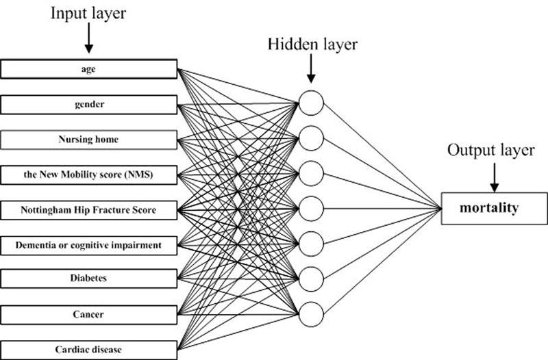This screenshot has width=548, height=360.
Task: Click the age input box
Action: point(88,69)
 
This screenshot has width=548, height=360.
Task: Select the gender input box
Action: point(88,105)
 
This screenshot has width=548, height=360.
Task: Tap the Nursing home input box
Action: point(88,140)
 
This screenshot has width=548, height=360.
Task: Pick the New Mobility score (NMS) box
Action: point(88,175)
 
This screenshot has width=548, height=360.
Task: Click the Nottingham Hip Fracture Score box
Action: point(88,209)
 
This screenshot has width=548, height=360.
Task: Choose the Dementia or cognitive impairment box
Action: point(88,244)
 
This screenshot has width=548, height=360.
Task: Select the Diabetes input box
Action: point(88,279)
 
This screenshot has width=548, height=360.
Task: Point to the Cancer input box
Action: point(88,314)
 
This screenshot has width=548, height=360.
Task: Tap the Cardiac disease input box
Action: point(88,350)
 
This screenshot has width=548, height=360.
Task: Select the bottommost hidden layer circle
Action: point(311,314)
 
